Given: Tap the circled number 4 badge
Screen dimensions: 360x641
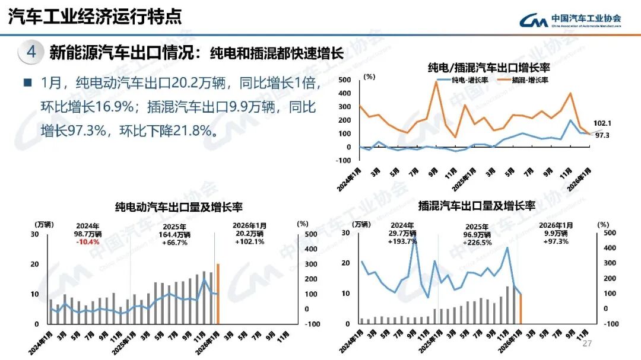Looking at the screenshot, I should tap(31, 52).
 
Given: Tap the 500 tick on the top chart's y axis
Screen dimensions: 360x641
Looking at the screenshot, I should tap(344, 79).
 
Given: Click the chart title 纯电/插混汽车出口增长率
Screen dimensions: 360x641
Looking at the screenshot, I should tap(483, 67).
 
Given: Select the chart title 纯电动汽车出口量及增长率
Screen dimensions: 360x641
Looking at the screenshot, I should tap(179, 207).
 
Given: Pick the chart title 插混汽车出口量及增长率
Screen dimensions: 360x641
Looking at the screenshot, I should tap(477, 206).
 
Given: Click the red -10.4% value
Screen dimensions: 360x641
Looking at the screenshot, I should tap(88, 242).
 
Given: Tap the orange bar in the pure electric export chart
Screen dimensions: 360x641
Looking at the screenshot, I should tap(218, 294).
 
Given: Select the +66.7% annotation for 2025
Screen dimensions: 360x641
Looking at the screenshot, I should tap(174, 242).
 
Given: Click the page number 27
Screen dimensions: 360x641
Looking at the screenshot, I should tap(588, 344).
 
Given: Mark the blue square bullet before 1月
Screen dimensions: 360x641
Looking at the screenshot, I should tap(27, 82).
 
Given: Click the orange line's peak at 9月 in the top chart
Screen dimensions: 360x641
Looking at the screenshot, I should tap(436, 82).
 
